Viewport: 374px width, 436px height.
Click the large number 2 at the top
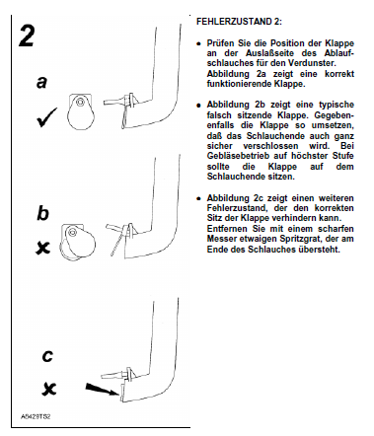pyautogui.click(x=27, y=36)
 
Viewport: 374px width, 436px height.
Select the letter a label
pyautogui.click(x=41, y=82)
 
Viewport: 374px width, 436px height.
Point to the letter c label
pyautogui.click(x=47, y=356)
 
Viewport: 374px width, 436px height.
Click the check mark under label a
pyautogui.click(x=46, y=117)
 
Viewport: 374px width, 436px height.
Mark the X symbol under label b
pyautogui.click(x=43, y=248)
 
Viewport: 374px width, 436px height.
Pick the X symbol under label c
pyautogui.click(x=49, y=389)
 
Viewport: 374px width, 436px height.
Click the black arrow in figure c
pyautogui.click(x=102, y=389)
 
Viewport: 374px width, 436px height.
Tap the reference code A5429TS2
pyautogui.click(x=36, y=416)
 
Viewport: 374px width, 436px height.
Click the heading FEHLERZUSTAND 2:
pyautogui.click(x=239, y=22)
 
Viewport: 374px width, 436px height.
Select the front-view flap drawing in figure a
pyautogui.click(x=81, y=111)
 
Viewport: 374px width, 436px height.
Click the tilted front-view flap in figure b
pyautogui.click(x=78, y=243)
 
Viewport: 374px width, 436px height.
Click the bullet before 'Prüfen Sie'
pyautogui.click(x=198, y=43)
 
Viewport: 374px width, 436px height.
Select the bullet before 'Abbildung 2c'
pyautogui.click(x=198, y=198)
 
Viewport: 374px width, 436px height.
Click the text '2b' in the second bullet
pyautogui.click(x=260, y=105)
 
